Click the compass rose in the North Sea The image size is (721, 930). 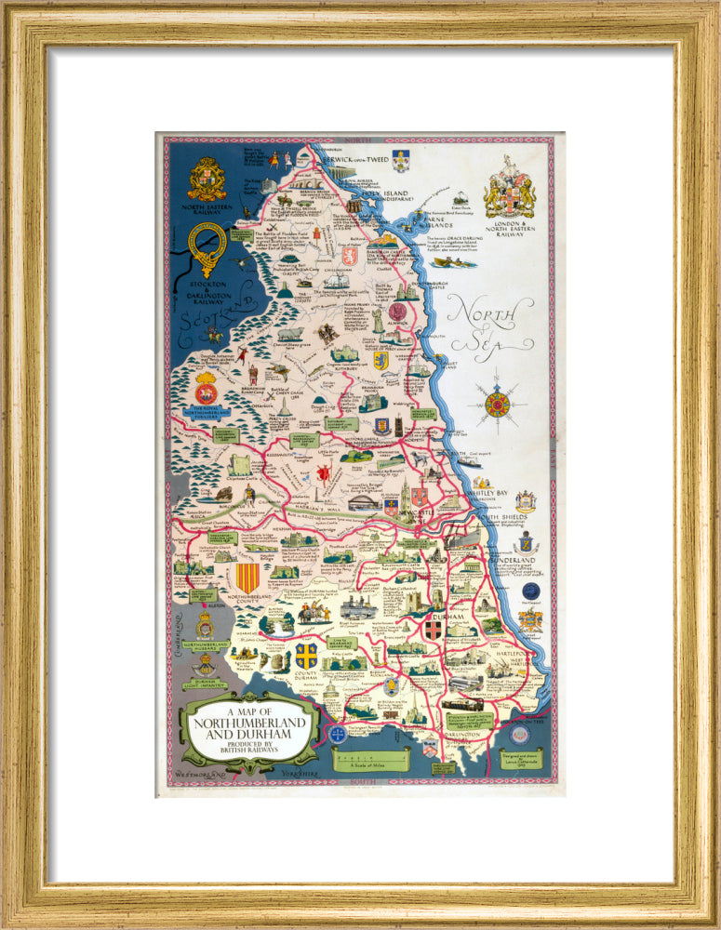(497, 405)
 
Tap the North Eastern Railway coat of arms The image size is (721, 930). (207, 179)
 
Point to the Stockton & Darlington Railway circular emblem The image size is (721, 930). (206, 246)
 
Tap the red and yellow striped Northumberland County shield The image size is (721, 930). (247, 577)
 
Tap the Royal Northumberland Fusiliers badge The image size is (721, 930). (206, 391)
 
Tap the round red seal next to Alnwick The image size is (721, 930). (398, 312)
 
